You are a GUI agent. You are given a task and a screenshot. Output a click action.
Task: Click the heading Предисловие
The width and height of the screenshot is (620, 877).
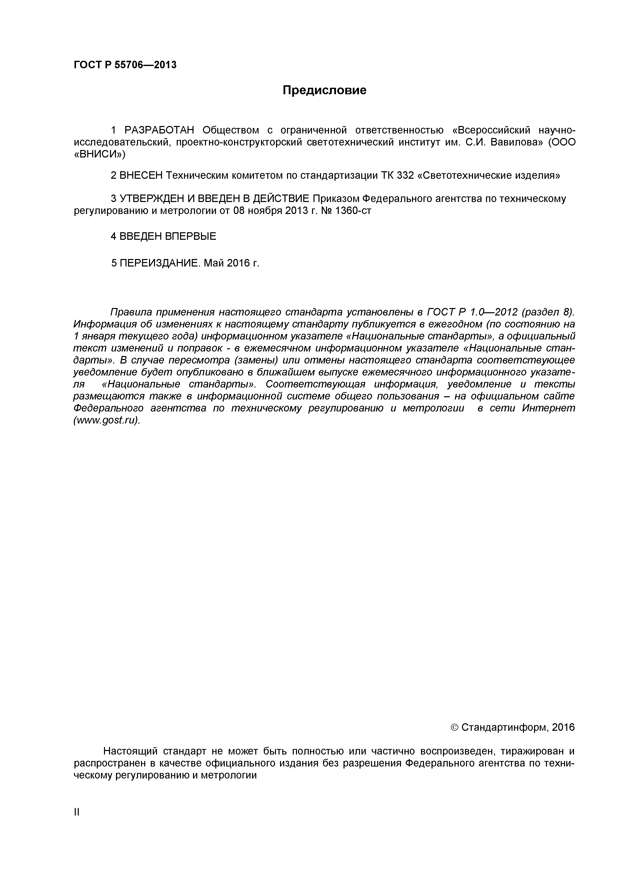coord(324,90)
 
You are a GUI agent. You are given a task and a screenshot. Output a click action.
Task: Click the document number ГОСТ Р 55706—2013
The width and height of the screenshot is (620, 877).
coord(125,65)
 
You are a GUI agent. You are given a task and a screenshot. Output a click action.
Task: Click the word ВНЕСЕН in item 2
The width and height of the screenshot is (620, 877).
coord(141,176)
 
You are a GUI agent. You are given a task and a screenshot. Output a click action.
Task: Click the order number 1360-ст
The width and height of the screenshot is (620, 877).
coord(352,211)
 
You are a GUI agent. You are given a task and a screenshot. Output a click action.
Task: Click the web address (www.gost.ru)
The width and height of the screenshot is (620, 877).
coord(106,420)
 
